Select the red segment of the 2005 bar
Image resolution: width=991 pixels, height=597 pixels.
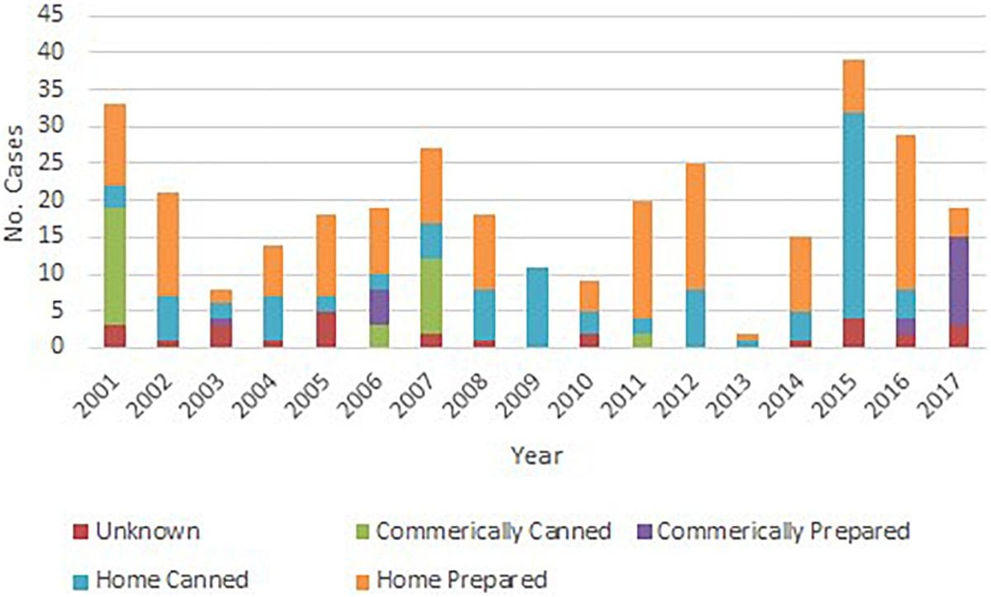point(326,329)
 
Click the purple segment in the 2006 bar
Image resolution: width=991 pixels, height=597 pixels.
point(379,307)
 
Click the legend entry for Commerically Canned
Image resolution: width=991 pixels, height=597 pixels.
point(493,531)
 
